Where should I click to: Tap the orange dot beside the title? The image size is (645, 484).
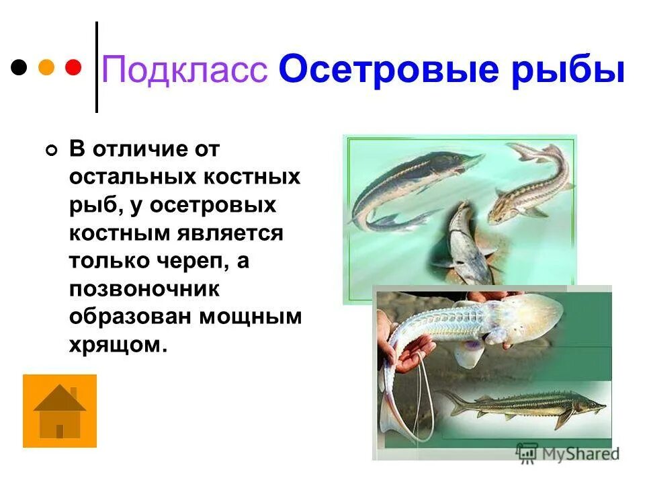click(x=46, y=67)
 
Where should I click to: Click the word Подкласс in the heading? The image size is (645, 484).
click(x=184, y=70)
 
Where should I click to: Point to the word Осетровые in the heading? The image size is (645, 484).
click(x=392, y=70)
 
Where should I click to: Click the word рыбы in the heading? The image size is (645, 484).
click(x=569, y=70)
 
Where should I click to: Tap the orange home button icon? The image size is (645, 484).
click(x=60, y=411)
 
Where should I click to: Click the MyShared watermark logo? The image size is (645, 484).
click(x=568, y=452)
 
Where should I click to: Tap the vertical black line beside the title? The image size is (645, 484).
click(x=97, y=67)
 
